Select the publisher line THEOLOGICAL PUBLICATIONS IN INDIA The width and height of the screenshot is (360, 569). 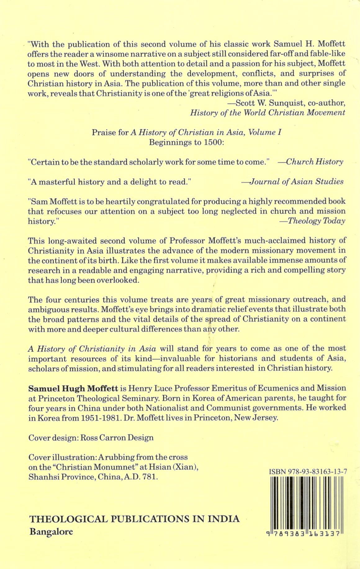(134, 519)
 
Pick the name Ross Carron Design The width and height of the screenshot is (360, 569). (117, 438)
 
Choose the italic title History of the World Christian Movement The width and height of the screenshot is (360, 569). (268, 112)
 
